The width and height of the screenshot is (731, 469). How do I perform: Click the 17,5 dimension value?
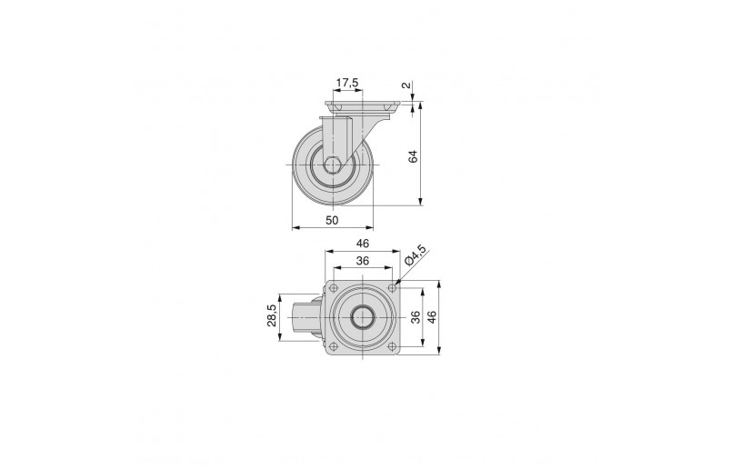click(x=347, y=83)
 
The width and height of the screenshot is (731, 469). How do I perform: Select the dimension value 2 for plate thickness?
click(x=406, y=85)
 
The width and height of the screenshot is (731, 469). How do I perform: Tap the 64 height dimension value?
click(x=413, y=156)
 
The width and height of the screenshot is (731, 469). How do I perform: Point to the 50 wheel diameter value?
click(x=332, y=220)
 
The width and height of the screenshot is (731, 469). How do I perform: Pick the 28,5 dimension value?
click(x=272, y=315)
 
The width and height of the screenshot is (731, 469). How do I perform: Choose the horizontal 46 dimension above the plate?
click(x=363, y=244)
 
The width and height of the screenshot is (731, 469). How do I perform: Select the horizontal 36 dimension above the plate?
click(x=362, y=261)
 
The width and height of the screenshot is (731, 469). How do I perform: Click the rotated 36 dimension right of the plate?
click(x=416, y=317)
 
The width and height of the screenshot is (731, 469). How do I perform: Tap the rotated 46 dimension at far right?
click(x=432, y=317)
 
